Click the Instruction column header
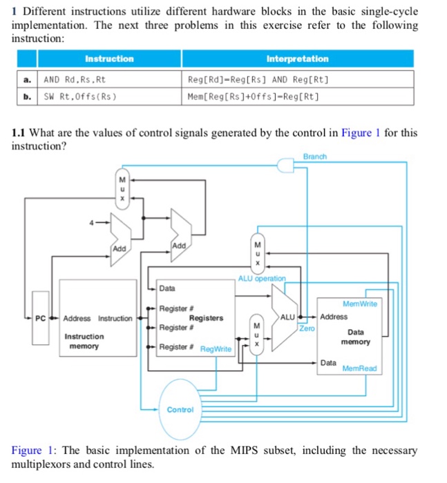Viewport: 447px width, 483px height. pyautogui.click(x=109, y=59)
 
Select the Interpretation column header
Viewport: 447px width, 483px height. pyautogui.click(x=297, y=59)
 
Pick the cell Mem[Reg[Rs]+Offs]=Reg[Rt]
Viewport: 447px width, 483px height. pyautogui.click(x=253, y=96)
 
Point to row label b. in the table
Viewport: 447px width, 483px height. pyautogui.click(x=27, y=96)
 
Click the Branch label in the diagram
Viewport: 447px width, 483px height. pyautogui.click(x=314, y=157)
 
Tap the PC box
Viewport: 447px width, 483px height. pyautogui.click(x=41, y=318)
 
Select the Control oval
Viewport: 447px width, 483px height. pyautogui.click(x=180, y=409)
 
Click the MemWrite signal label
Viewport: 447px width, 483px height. pyautogui.click(x=359, y=304)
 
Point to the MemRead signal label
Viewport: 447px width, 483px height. pyautogui.click(x=360, y=368)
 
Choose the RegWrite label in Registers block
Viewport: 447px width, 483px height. pyautogui.click(x=216, y=350)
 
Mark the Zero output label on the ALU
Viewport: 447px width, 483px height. pyautogui.click(x=307, y=330)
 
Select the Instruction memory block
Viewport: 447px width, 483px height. pyautogui.click(x=84, y=341)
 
